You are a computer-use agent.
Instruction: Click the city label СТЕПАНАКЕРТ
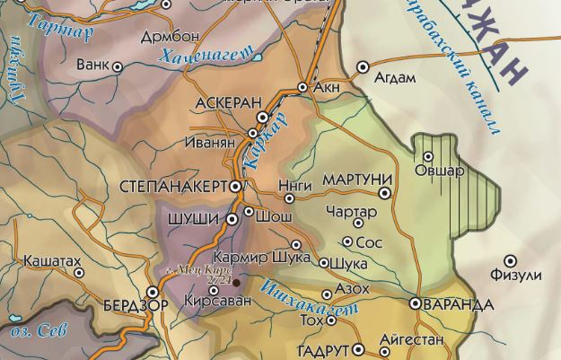pos(173,187)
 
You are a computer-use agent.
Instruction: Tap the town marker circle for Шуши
pos(232,217)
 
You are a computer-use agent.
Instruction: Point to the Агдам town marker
pos(364,66)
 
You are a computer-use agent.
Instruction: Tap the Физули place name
pos(516,275)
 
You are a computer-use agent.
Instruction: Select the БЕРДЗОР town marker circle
pos(153,291)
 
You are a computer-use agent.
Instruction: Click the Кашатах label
pos(49,259)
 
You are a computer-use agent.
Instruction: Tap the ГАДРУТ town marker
pos(358,349)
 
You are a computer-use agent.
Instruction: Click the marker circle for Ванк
pos(117,66)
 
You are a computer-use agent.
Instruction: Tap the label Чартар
pos(346,210)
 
